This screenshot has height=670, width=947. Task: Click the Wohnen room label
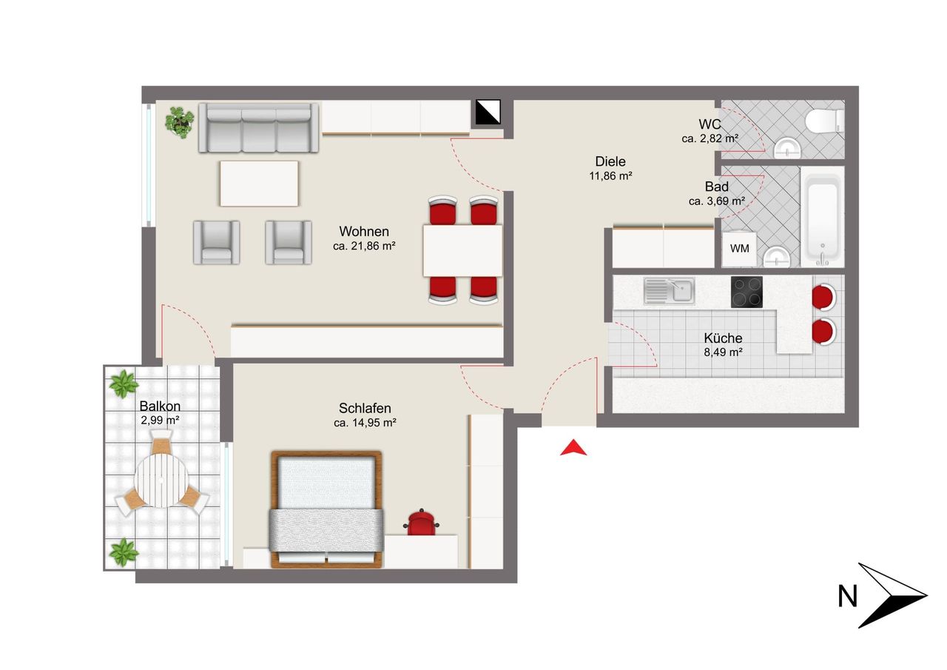pyautogui.click(x=364, y=232)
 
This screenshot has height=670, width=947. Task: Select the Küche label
pyautogui.click(x=723, y=338)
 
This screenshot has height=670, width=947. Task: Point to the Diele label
pyautogui.click(x=610, y=161)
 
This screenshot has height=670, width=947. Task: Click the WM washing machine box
pyautogui.click(x=739, y=249)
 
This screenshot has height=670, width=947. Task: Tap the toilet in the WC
pyautogui.click(x=825, y=120)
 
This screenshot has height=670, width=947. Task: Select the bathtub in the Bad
pyautogui.click(x=822, y=217)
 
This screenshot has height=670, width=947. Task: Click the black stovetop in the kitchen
pyautogui.click(x=747, y=292)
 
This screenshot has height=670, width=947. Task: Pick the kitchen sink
pyautogui.click(x=669, y=291)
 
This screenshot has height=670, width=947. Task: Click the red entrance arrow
pyautogui.click(x=573, y=447)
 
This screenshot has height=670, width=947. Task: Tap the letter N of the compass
pyautogui.click(x=847, y=597)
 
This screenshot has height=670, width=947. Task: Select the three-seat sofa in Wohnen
pyautogui.click(x=259, y=127)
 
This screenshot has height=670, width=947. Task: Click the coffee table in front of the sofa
pyautogui.click(x=259, y=184)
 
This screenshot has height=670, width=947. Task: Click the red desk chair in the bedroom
pyautogui.click(x=422, y=522)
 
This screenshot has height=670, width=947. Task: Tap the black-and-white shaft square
pyautogui.click(x=488, y=112)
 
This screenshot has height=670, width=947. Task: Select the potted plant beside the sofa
pyautogui.click(x=180, y=122)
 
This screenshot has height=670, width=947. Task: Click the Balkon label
pyautogui.click(x=160, y=406)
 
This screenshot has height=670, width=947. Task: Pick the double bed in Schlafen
pyautogui.click(x=326, y=509)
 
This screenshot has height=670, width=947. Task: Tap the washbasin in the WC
pyautogui.click(x=787, y=149)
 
